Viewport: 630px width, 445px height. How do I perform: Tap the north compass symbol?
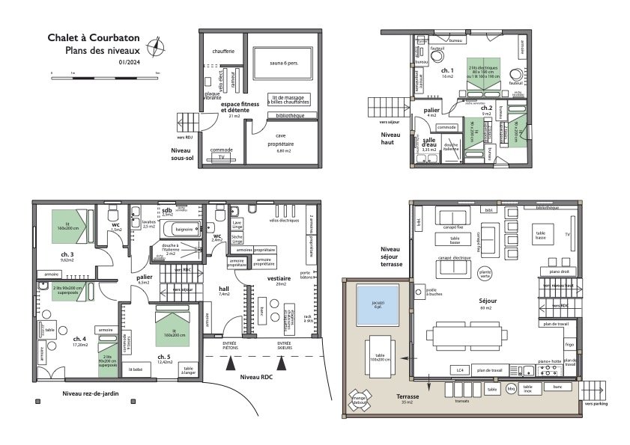point(155,47)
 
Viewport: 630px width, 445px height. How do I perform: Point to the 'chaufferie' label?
point(224,51)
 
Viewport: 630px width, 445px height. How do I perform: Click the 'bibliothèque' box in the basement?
point(291,116)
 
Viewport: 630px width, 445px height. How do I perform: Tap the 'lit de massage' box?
point(290,99)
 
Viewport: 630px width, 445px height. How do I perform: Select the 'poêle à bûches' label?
point(431,294)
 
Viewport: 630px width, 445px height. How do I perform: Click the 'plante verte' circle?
point(485,274)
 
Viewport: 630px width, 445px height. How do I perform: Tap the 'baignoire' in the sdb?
point(186,230)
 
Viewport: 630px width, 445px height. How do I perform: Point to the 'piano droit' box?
point(560,271)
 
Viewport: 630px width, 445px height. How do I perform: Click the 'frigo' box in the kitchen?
point(570,346)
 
